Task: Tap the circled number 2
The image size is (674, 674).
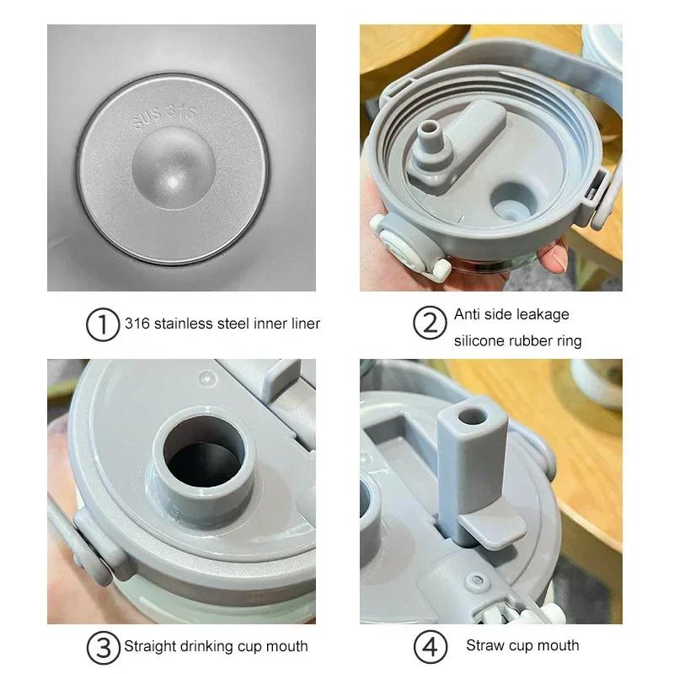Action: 430,324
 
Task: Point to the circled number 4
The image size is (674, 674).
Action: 430,648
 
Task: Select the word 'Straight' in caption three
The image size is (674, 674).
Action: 151,647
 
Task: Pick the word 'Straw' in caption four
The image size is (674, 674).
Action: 484,646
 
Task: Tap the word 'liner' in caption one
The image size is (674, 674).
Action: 303,323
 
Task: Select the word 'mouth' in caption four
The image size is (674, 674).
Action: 558,646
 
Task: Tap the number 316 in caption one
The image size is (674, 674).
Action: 136,323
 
